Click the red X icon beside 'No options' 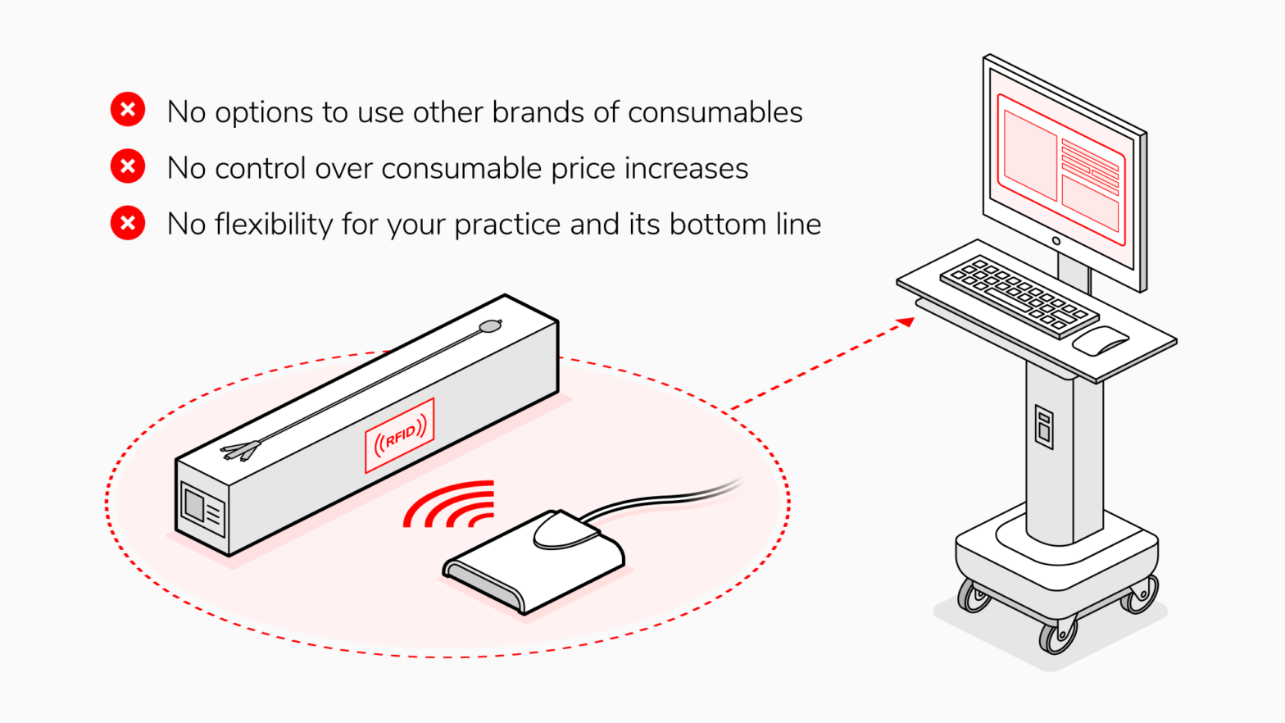[127, 109]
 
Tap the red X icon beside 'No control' [127, 166]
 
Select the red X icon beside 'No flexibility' [127, 223]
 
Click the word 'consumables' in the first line [715, 111]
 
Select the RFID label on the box [400, 435]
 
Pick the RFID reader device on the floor [534, 562]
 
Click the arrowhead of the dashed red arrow [906, 322]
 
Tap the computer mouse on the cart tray [1101, 341]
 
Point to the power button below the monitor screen [1056, 241]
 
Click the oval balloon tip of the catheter [490, 326]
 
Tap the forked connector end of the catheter [241, 451]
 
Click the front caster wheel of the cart [1056, 636]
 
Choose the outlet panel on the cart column [1044, 427]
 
